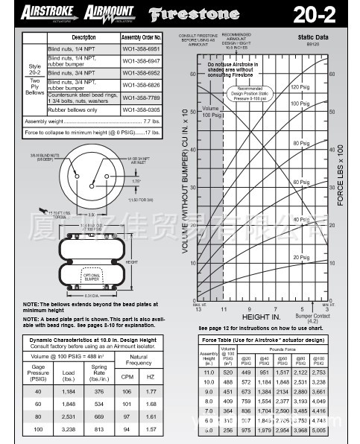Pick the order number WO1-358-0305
point(142,109)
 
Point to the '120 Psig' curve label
point(300,87)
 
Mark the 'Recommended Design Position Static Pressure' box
point(251,95)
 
